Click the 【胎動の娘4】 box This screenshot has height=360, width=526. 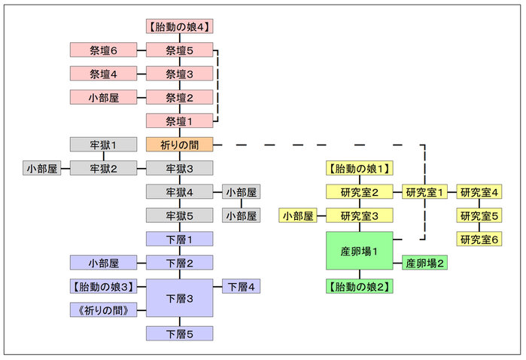point(179,26)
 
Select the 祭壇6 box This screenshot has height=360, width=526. point(103,50)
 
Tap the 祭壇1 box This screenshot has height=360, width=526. point(179,121)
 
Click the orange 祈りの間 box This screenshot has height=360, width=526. point(179,144)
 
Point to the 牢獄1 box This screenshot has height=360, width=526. point(103,144)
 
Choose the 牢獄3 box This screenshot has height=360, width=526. point(179,168)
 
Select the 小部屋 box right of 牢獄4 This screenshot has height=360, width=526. point(241,192)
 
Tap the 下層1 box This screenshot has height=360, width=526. point(179,239)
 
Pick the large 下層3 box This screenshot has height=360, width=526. point(179,298)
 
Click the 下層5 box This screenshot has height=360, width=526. point(179,333)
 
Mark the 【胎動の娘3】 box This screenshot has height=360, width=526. point(103,286)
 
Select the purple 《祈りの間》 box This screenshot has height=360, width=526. point(103,310)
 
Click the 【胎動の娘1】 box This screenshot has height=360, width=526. point(360,168)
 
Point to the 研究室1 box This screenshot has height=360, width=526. point(426,192)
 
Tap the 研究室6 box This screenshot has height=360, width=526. point(479,239)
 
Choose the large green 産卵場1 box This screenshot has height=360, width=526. point(360,251)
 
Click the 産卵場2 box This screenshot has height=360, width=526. point(426,263)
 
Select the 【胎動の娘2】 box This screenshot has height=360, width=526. point(360,286)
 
